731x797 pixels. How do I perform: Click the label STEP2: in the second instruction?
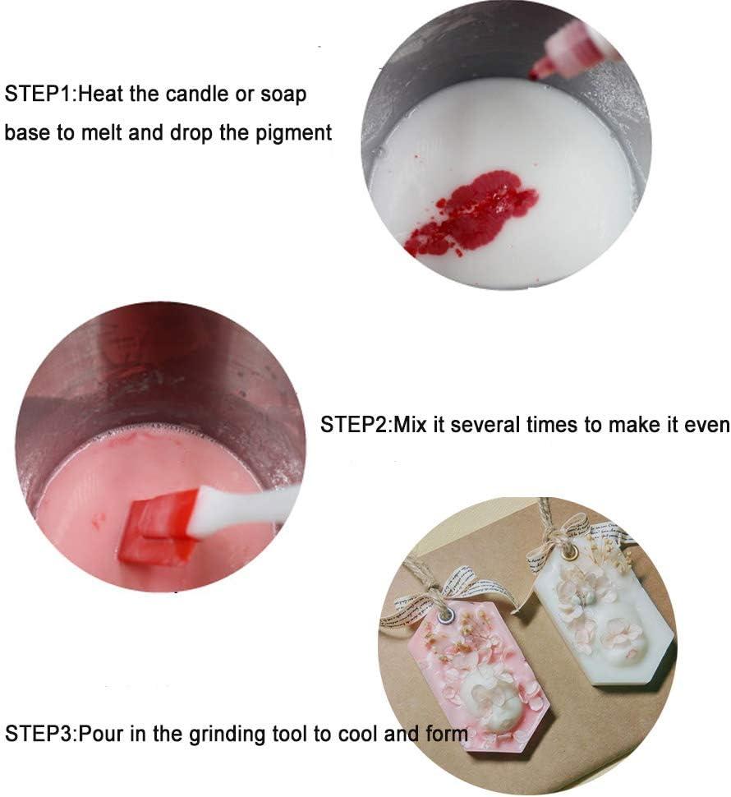point(356,425)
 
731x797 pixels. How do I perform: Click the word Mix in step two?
point(411,425)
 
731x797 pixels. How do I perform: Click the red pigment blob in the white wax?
point(472,212)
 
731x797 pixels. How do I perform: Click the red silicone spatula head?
point(160,526)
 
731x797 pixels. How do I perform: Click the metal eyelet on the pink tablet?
point(448,614)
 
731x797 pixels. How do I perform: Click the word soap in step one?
point(283,94)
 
